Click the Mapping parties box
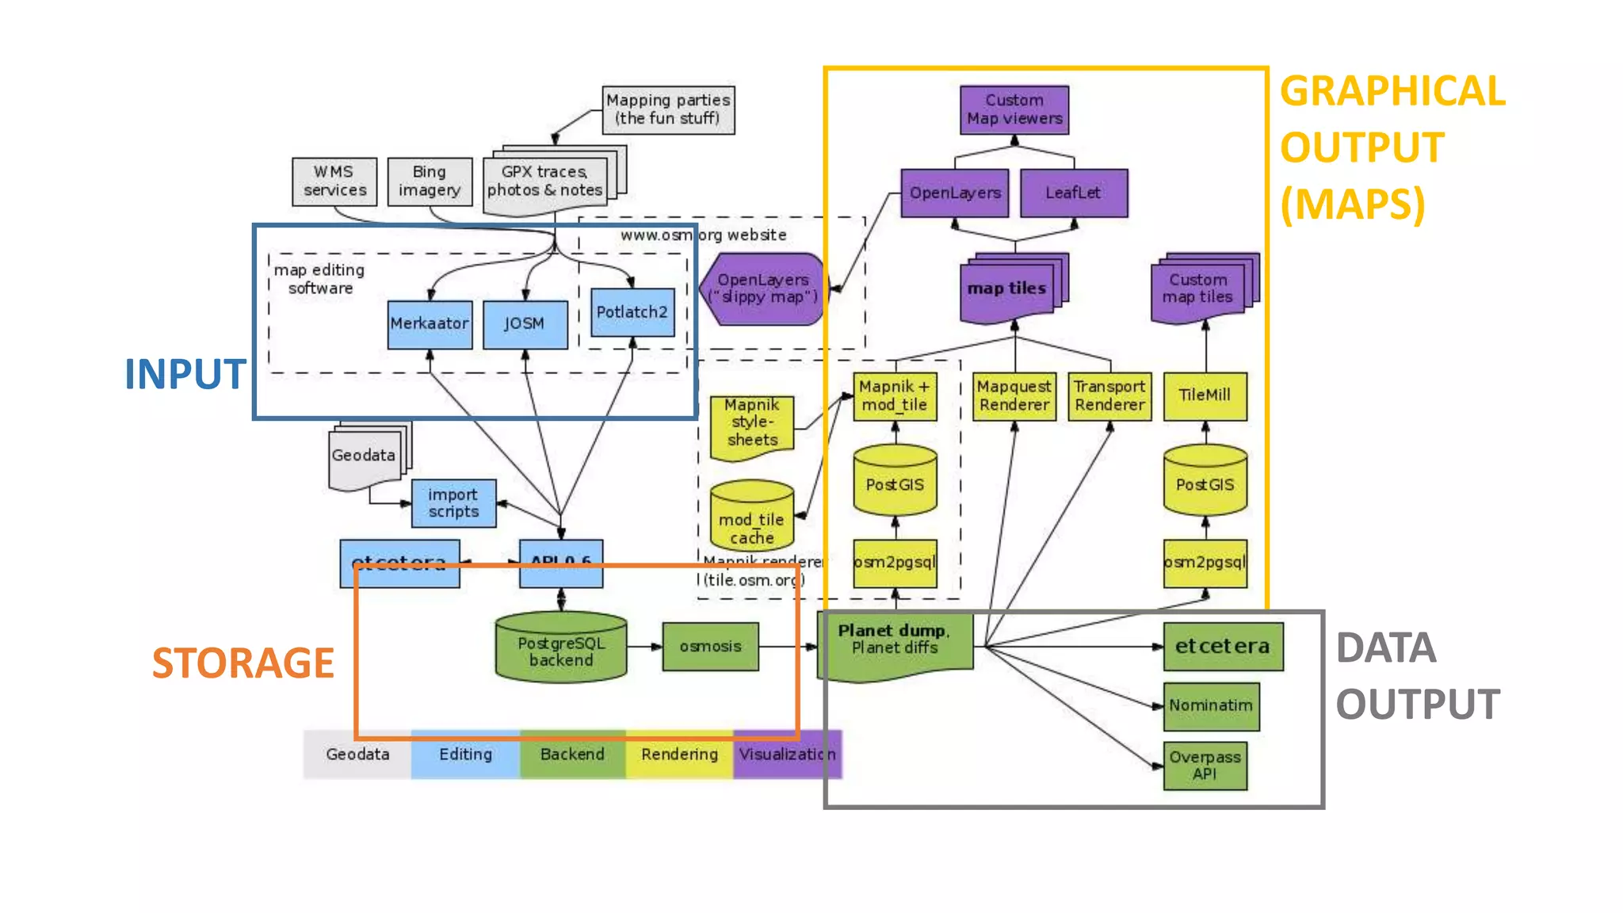668,109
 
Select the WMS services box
334,181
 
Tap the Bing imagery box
430,181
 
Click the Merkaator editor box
430,323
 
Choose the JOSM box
525,323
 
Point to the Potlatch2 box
632,312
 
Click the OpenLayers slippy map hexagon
762,288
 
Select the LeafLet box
1073,193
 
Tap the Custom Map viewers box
1014,109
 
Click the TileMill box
1205,395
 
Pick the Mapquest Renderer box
1014,395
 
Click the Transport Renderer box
1109,395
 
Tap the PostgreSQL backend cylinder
561,648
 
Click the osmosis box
710,647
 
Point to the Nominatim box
1211,705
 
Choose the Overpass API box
1205,766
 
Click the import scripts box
453,502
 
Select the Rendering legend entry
679,754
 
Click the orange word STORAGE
242,663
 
